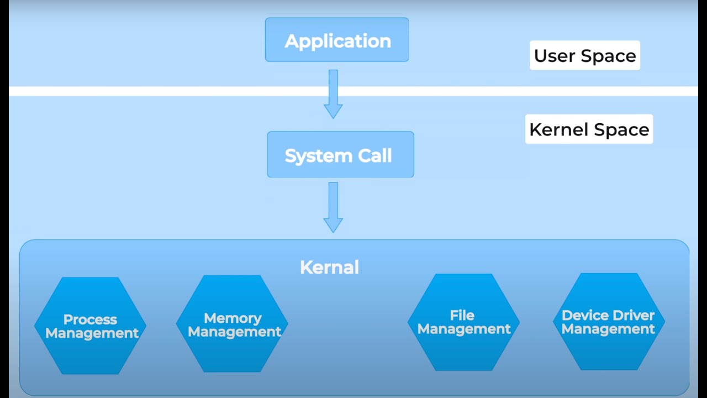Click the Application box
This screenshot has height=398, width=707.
pos(337,40)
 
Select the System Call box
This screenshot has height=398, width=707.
pos(340,155)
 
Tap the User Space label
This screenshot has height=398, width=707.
pos(584,55)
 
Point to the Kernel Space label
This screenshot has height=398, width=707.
pos(589,129)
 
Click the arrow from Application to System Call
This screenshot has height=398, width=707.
pos(333,94)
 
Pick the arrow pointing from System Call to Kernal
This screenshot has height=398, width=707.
pos(333,207)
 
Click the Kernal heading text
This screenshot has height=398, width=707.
pos(329,268)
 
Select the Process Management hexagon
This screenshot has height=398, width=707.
pos(91,326)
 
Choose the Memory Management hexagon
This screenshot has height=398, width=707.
pos(233,324)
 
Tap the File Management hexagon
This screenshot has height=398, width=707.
pos(463,322)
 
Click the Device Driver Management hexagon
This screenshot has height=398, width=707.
pos(608,322)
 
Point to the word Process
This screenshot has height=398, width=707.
pos(90,320)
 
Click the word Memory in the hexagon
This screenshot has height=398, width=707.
pos(233,318)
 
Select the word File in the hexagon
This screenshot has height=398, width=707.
pos(462,315)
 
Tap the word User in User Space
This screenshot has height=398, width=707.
pos(555,56)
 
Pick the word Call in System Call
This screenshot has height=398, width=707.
pos(374,156)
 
